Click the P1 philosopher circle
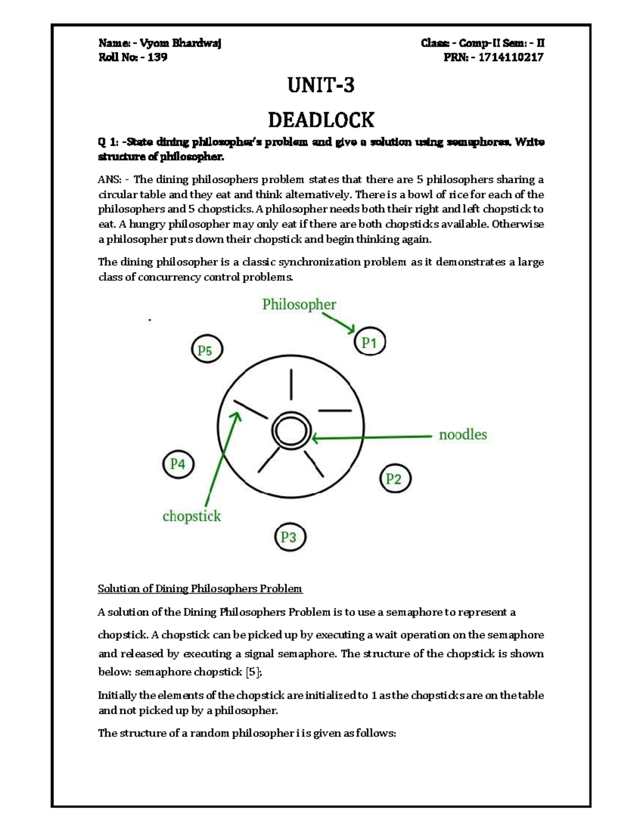point(370,342)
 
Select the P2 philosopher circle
point(394,478)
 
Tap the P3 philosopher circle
point(289,536)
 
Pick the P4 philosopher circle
point(178,464)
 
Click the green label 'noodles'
point(463,434)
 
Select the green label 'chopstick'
point(192,516)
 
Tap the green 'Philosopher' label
point(299,304)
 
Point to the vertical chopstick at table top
point(291,384)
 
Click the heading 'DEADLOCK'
point(321,119)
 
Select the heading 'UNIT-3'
point(321,85)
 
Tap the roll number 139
point(158,57)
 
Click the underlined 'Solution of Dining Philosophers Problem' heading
point(200,589)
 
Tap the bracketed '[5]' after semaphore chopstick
point(253,672)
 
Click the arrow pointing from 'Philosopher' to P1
point(339,323)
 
